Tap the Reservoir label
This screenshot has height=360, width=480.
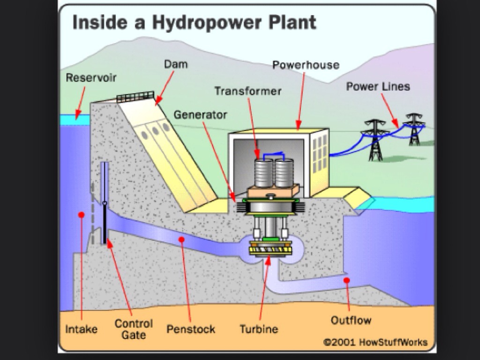point(91,77)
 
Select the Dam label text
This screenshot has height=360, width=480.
point(176,64)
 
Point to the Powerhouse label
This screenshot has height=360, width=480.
point(306,65)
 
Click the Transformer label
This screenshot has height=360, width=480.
point(248,90)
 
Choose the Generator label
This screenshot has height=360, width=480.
point(200,114)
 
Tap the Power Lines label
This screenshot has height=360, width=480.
point(378,86)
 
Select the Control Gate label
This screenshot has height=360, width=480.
point(134,329)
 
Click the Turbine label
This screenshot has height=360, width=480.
point(259,329)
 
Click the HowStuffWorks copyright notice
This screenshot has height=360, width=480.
point(375,342)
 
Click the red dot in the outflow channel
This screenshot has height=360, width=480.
point(346,280)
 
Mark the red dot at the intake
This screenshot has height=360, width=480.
point(81,215)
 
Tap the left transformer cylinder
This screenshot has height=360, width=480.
point(263,172)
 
